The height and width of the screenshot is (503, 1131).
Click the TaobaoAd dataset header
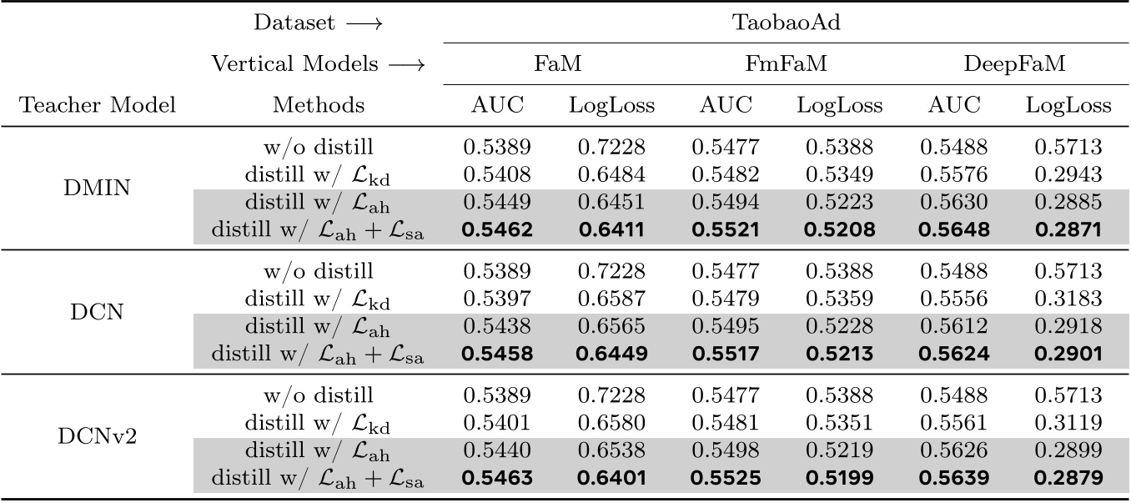(786, 23)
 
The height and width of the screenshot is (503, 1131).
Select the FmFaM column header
(786, 64)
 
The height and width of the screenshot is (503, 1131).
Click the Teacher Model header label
(98, 106)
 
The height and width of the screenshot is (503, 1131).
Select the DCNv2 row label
(98, 436)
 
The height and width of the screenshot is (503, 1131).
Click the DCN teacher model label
(98, 313)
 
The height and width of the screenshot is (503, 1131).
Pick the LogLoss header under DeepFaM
(1068, 106)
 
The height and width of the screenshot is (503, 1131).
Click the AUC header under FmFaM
(726, 106)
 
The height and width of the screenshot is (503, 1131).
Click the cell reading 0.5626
(954, 450)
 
